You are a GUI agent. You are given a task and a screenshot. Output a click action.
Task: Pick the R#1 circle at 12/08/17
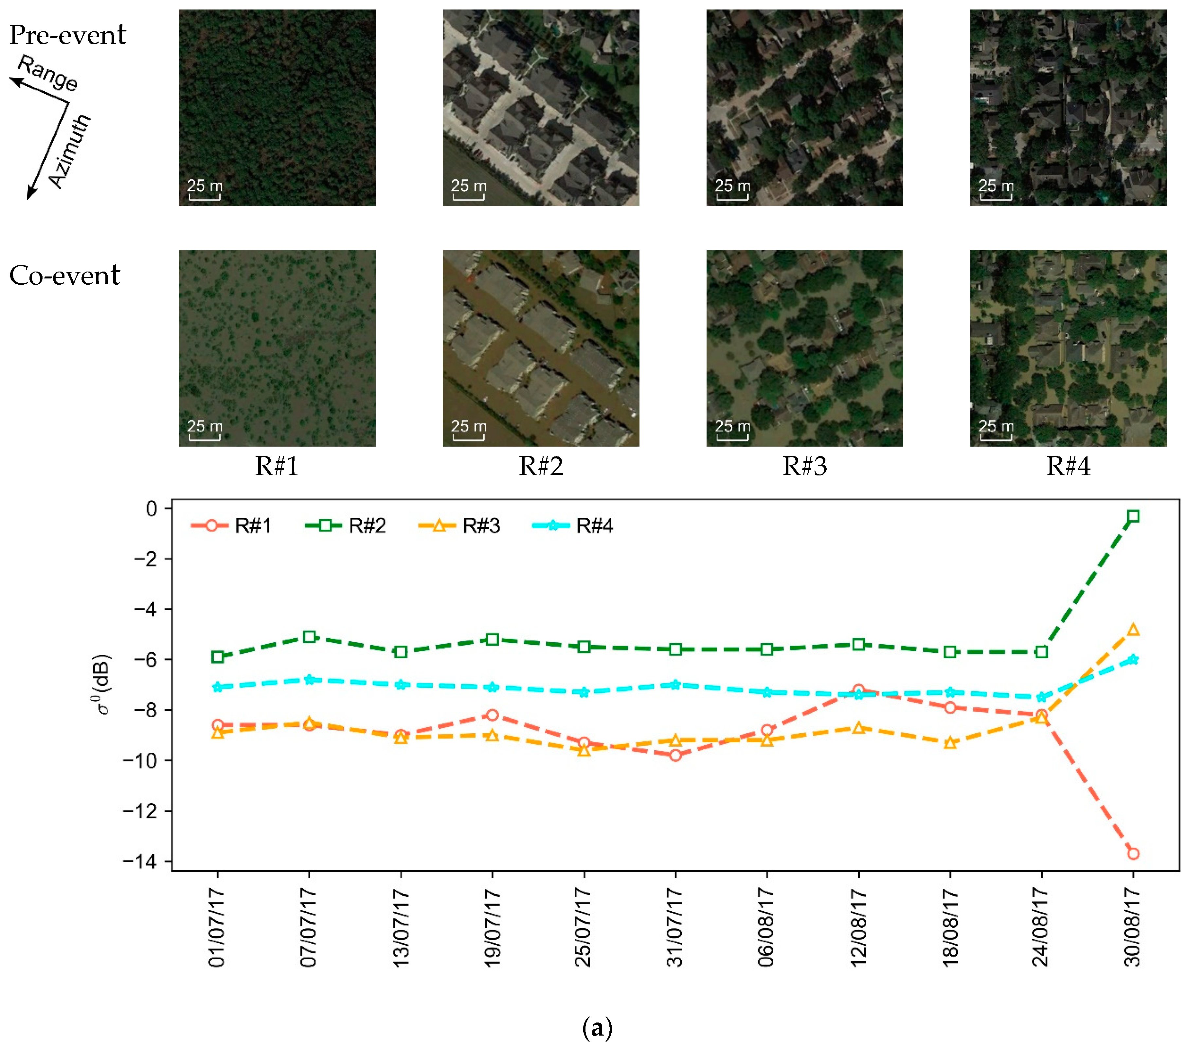(x=858, y=690)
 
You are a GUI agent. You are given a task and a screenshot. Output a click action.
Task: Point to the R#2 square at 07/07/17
(x=309, y=637)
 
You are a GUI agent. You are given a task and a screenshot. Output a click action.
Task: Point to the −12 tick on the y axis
(x=139, y=811)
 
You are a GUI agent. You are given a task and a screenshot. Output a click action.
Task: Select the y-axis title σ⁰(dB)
(x=103, y=685)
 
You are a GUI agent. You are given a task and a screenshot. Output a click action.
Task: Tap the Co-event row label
(x=64, y=275)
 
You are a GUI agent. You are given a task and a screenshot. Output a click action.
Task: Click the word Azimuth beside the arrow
(x=70, y=151)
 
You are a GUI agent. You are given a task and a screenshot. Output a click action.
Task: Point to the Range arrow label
(x=48, y=73)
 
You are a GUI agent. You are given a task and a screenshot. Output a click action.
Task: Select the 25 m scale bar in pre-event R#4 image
(x=996, y=190)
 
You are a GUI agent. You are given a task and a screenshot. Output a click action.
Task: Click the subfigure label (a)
(x=597, y=1027)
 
